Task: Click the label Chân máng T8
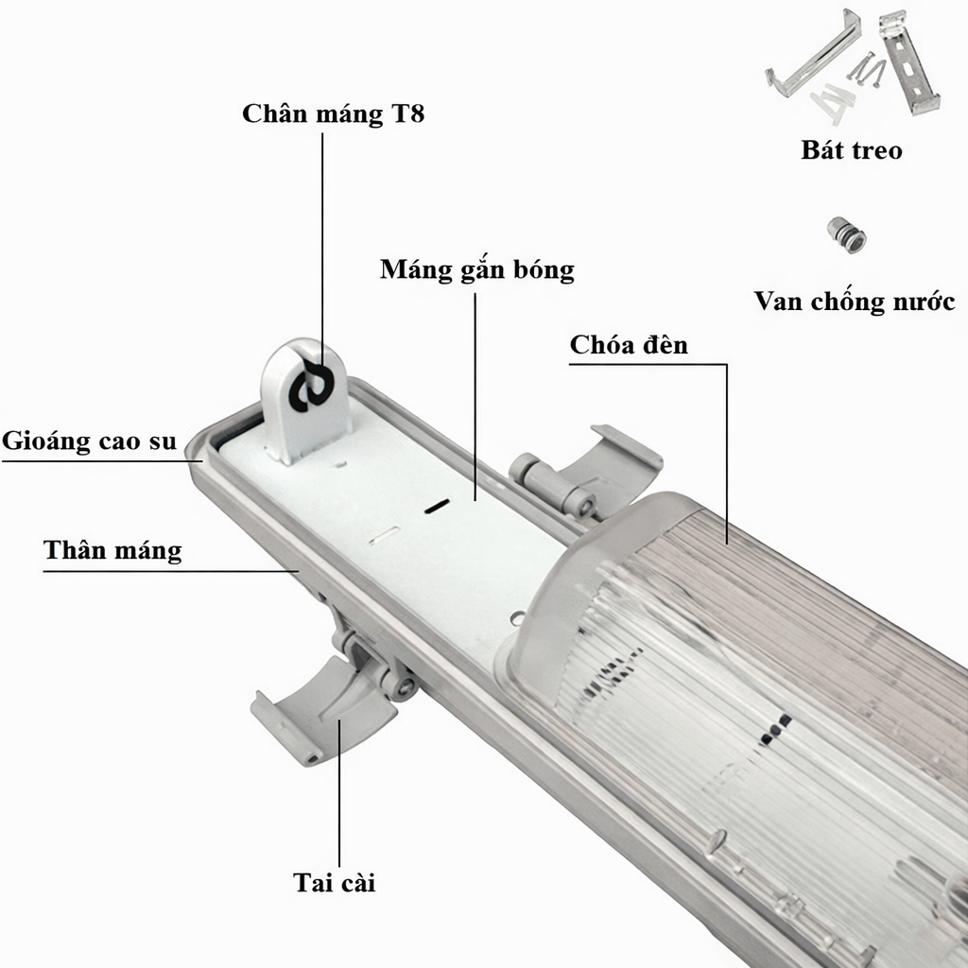(334, 114)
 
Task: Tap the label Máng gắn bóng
(476, 270)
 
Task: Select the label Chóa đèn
(629, 344)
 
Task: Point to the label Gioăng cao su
(90, 441)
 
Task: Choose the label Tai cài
(334, 882)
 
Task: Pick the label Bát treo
(852, 150)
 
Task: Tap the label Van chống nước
(854, 302)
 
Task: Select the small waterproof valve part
(846, 234)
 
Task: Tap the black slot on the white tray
(437, 507)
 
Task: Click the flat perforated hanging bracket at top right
(908, 62)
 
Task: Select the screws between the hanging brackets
(866, 68)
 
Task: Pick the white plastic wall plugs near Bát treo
(832, 101)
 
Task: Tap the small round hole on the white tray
(517, 617)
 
